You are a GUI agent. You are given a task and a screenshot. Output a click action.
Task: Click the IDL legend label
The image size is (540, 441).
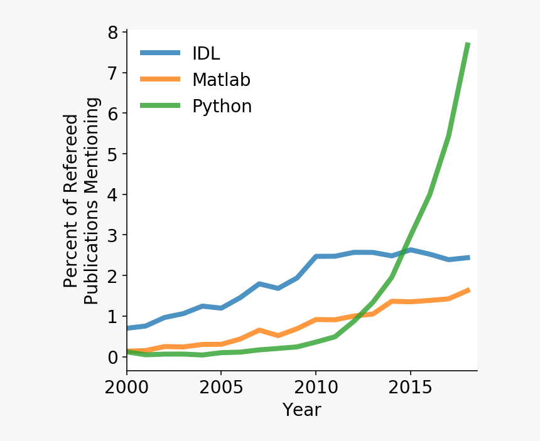206,53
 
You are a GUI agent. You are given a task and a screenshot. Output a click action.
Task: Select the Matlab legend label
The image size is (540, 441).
221,80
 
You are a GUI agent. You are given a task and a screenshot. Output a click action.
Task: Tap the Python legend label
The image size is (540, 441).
222,107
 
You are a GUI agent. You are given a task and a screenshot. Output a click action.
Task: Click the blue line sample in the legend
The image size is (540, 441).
159,53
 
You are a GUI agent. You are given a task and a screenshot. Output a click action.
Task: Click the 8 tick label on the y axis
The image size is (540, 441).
113,33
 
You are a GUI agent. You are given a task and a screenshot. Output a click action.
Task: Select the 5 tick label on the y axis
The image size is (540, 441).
113,154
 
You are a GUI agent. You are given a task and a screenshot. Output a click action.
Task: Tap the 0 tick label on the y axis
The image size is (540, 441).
113,358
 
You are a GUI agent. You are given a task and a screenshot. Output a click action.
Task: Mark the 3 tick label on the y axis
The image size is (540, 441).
113,236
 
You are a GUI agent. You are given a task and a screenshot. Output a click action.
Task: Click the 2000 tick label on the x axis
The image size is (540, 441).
127,386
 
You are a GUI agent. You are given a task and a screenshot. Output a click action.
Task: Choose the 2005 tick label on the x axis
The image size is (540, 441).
221,386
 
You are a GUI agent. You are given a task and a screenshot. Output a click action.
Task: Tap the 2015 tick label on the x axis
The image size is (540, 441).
410,386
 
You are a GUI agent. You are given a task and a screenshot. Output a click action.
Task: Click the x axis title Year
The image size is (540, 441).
301,410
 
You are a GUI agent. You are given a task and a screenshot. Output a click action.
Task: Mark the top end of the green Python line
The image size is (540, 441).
468,43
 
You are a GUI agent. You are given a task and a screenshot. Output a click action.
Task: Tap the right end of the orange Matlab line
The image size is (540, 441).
468,290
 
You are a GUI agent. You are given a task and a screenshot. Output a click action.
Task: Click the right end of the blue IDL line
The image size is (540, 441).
468,257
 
